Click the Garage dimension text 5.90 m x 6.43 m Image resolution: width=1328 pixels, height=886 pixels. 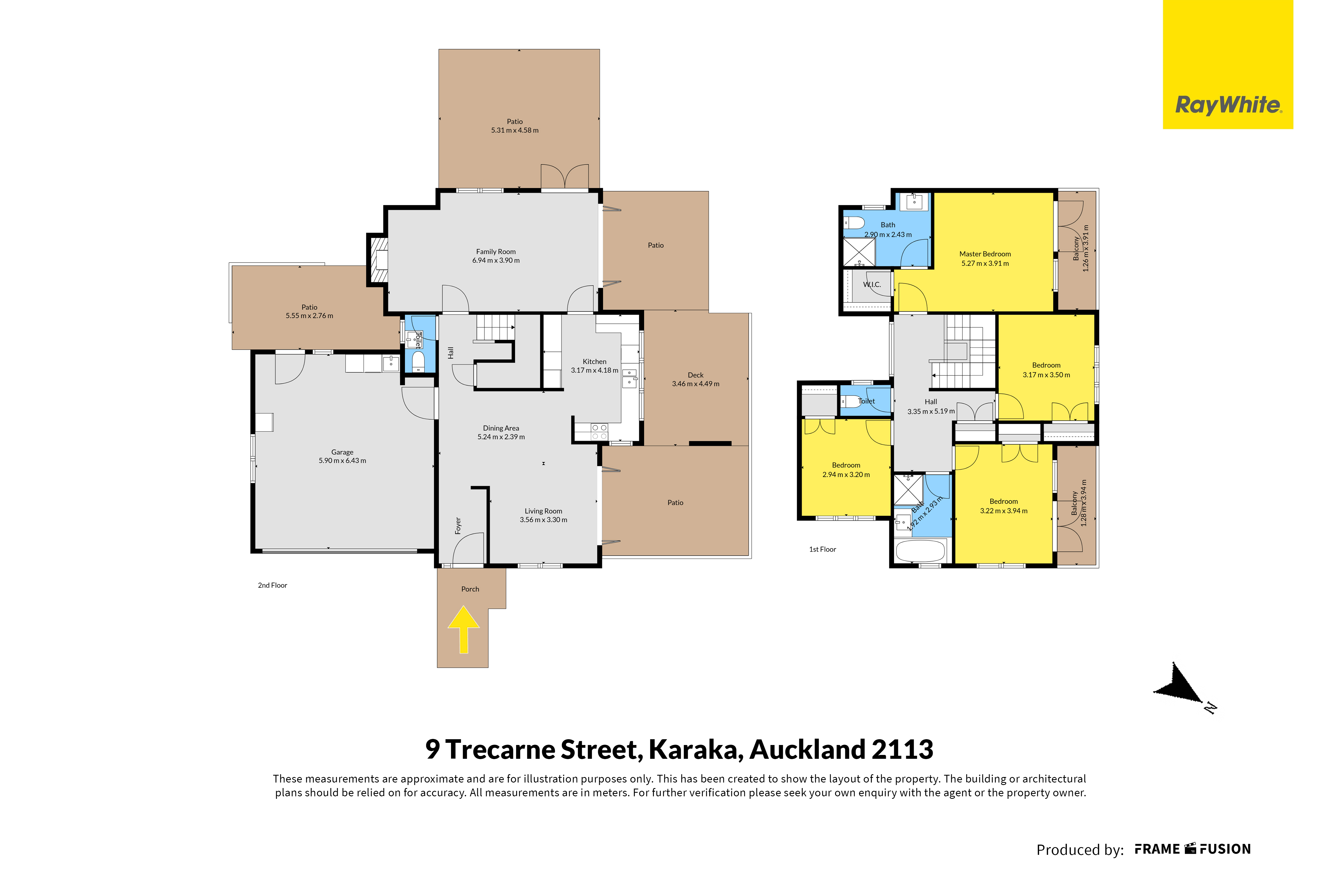click(342, 461)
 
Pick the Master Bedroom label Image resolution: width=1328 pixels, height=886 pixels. click(985, 254)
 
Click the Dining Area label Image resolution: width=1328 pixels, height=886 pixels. click(501, 428)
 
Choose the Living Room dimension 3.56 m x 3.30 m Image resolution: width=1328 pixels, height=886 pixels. click(543, 520)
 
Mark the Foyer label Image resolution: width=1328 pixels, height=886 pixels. click(458, 525)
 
